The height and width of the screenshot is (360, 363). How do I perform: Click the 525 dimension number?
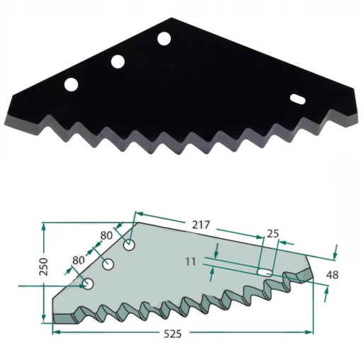[173, 334]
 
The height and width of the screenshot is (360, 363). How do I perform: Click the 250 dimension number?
[44, 266]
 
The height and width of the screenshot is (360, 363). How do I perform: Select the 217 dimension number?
[201, 225]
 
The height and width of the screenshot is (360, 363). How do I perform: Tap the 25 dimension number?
[273, 234]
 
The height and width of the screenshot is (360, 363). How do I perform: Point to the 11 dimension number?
[191, 261]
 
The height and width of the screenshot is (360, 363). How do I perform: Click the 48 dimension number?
[333, 275]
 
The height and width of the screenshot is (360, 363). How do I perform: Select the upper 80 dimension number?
[106, 235]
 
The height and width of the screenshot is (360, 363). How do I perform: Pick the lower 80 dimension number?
[79, 260]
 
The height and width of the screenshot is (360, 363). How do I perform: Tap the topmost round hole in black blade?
[164, 38]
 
